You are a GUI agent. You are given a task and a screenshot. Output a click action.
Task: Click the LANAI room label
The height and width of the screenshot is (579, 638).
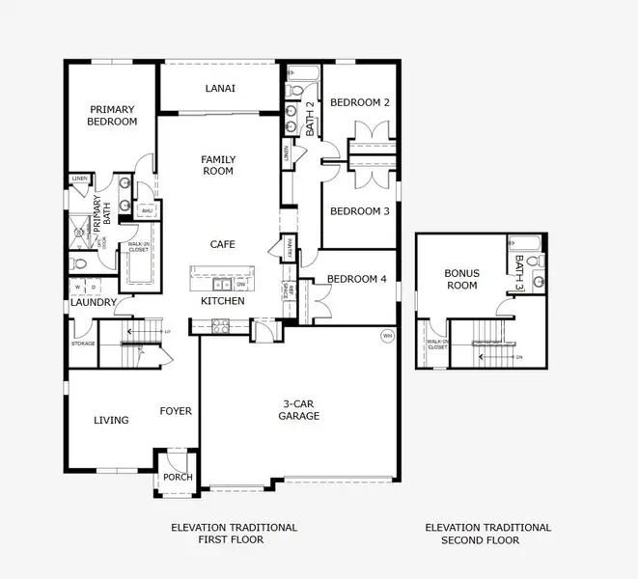(220, 89)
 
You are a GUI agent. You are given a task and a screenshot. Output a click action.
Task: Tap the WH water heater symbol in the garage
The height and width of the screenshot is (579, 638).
(387, 336)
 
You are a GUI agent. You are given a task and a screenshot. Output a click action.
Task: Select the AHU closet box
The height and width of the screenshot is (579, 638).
(147, 209)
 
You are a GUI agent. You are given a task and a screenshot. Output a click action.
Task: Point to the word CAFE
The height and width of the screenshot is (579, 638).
(222, 244)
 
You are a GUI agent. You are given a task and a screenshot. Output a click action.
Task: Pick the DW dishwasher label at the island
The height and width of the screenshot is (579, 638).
(240, 285)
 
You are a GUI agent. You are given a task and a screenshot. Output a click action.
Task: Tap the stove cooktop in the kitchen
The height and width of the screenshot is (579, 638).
(220, 326)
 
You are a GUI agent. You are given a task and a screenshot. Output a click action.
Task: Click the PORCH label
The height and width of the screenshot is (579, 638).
(178, 477)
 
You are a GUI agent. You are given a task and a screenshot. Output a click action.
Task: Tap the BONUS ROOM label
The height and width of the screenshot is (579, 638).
(460, 280)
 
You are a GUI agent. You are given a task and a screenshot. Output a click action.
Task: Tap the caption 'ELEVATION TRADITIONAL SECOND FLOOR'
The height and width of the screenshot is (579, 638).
(487, 534)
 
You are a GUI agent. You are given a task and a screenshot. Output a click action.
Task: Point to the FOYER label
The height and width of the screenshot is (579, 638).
(176, 411)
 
